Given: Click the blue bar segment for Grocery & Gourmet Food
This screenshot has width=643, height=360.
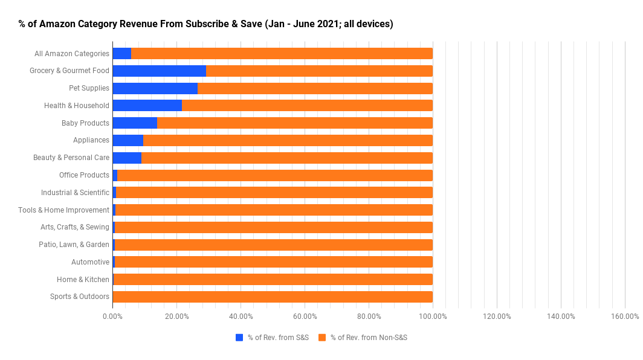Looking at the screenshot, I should coord(159,71).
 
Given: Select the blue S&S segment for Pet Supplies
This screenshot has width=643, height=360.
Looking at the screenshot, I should coord(155,88).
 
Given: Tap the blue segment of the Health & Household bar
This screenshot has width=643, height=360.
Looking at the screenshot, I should coord(147,106).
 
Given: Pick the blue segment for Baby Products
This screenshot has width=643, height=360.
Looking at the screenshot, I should coord(135,123).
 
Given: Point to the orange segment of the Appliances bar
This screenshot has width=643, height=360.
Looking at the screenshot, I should coord(288,140).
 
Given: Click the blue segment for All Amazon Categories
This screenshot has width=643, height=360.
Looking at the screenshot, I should coord(121,53).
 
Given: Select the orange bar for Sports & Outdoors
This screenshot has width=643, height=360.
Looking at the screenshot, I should coord(273,297).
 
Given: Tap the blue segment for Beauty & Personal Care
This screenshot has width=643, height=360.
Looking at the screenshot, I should coord(127,158).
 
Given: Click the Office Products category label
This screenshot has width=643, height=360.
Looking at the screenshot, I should coord(84,175).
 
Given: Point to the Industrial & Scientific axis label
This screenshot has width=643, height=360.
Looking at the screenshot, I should coord(75,193).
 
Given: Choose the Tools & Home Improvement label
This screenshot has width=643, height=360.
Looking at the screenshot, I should coord(63,210).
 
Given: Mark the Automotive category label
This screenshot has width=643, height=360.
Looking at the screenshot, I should coord(90,262).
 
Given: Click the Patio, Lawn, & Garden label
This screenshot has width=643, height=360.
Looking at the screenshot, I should coord(74,245).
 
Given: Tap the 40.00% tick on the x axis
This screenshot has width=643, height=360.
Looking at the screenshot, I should coord(241,317).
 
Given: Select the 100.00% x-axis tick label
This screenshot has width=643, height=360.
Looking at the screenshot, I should coord(433,317).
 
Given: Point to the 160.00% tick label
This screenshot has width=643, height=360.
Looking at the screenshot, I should coord(625,317).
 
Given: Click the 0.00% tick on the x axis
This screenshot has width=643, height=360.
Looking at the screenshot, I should coord(112,317).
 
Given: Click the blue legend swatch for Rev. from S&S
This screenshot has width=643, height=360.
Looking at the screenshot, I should coord(239,337).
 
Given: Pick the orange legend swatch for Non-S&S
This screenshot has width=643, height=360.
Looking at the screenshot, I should coord(322,337).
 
